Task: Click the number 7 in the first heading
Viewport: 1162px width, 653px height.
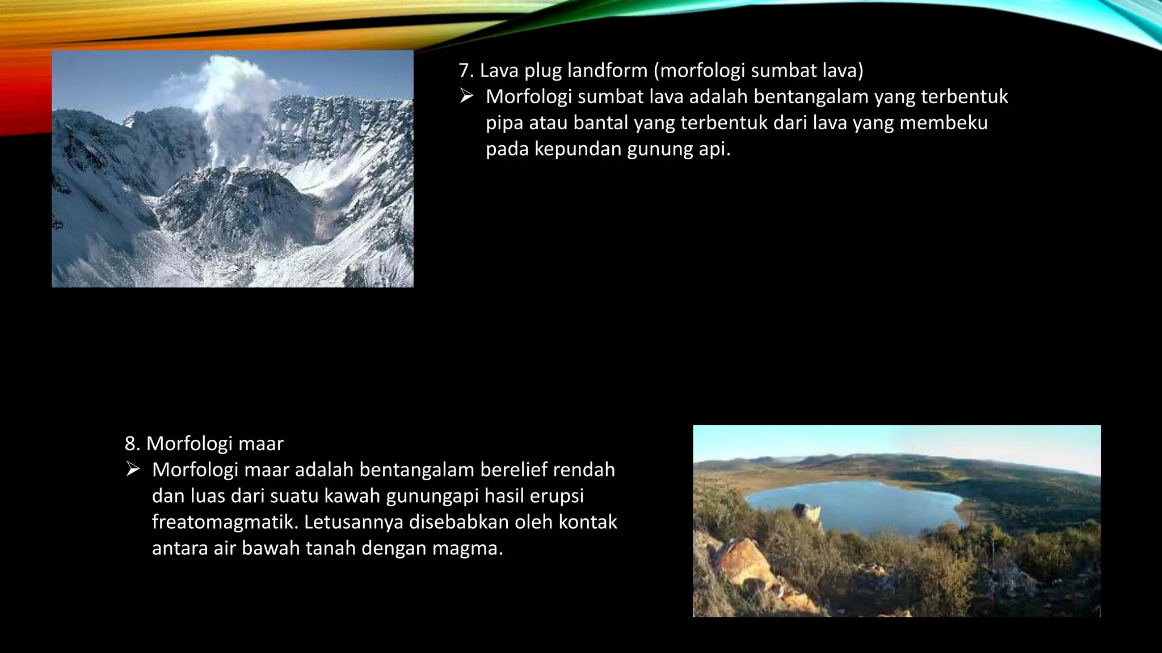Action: pyautogui.click(x=464, y=71)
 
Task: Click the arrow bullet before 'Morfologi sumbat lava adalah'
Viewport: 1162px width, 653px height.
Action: pyautogui.click(x=466, y=96)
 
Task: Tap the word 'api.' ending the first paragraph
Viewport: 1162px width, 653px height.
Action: pyautogui.click(x=714, y=149)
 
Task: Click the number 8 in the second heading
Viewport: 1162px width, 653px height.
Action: pyautogui.click(x=130, y=444)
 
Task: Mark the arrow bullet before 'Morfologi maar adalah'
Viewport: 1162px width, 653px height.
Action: pyautogui.click(x=133, y=469)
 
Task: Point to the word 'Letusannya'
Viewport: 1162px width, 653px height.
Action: pyautogui.click(x=353, y=522)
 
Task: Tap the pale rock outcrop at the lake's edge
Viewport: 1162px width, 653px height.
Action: pyautogui.click(x=807, y=513)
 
